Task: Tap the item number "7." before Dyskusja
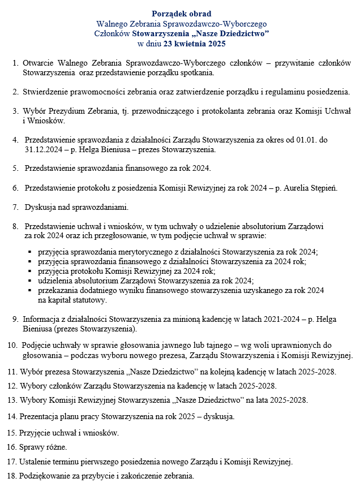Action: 15,206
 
